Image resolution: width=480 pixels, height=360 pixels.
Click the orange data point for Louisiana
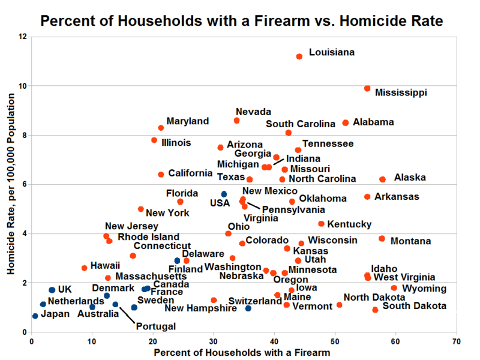299,56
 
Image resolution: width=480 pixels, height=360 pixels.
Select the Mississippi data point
367,89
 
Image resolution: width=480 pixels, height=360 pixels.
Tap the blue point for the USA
224,194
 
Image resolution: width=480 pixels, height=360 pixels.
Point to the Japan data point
35,316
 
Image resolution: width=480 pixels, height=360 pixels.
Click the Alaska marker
382,179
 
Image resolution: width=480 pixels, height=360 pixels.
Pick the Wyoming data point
394,288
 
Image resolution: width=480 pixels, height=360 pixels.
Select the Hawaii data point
84,268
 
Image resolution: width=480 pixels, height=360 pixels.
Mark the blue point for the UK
52,290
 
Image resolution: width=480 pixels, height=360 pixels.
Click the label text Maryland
188,122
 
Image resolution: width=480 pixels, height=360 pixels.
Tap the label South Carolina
301,124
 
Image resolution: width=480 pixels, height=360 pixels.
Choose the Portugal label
155,326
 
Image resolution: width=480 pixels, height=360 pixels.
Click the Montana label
410,241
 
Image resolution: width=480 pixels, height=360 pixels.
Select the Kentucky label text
349,224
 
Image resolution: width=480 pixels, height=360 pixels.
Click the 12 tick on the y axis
23,37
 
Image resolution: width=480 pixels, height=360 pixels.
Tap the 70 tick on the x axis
456,341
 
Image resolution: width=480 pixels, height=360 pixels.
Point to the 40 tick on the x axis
274,341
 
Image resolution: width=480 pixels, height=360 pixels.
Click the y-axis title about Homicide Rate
11,184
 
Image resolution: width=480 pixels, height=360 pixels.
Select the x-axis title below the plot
242,352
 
